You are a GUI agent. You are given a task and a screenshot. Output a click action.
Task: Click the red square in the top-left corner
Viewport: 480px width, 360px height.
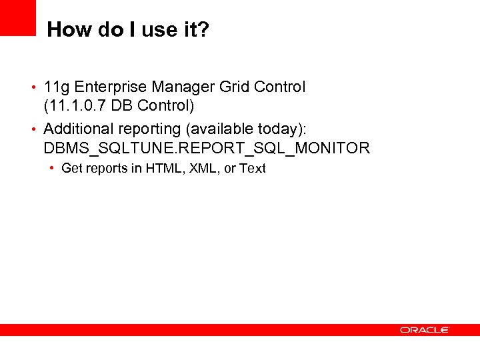[x=17, y=17]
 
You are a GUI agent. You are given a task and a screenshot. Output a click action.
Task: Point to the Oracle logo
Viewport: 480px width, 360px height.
[x=425, y=330]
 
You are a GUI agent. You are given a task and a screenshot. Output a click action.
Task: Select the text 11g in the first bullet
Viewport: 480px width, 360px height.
[x=57, y=87]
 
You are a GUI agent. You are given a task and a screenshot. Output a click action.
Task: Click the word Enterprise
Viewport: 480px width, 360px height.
[x=111, y=87]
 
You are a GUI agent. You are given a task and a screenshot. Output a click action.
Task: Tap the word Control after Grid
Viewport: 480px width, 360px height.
[x=279, y=87]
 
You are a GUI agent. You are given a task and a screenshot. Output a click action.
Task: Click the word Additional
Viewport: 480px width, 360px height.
[x=79, y=129]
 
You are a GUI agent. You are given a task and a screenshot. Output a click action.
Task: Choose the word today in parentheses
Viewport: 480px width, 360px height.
[x=279, y=129]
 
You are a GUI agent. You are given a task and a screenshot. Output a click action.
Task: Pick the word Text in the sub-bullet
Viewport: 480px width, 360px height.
[x=253, y=169]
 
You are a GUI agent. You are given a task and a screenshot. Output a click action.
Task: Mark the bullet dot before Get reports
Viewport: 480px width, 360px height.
[x=52, y=168]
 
